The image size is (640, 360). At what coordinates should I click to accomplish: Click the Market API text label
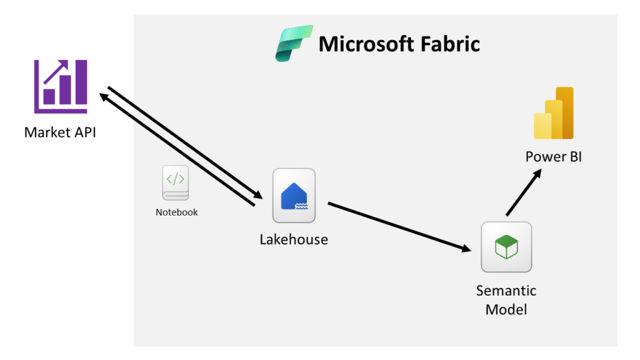[60, 132]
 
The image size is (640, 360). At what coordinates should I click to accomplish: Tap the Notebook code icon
[175, 183]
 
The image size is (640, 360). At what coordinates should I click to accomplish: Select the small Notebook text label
[176, 212]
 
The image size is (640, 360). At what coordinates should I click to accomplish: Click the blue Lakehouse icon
[294, 196]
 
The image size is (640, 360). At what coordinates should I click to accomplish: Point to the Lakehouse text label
[294, 239]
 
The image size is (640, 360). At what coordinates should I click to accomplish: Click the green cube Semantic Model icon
[506, 247]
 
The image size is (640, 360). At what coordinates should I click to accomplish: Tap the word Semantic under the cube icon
[506, 291]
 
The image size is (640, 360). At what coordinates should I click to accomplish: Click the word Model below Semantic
[506, 309]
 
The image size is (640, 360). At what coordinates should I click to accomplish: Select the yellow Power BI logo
[554, 113]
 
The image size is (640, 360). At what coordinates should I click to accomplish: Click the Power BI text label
[553, 156]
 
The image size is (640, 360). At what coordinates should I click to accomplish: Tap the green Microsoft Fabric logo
[294, 44]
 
